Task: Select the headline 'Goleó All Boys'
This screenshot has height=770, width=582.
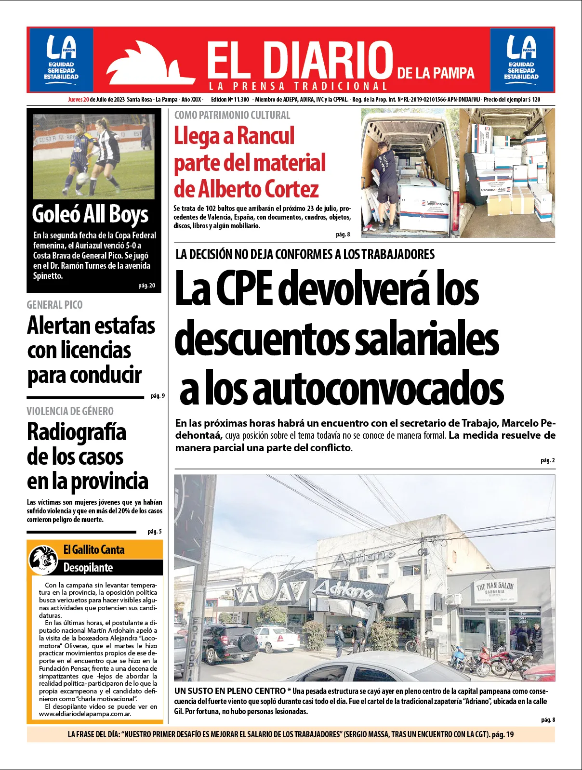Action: coord(90,214)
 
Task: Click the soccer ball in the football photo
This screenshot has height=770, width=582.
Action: coord(82,178)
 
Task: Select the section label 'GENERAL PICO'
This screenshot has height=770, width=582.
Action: coord(54,305)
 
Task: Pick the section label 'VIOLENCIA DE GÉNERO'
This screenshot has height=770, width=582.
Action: coord(70,411)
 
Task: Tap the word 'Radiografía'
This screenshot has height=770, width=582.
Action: coord(77,432)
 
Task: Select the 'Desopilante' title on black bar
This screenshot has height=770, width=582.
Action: coord(88,567)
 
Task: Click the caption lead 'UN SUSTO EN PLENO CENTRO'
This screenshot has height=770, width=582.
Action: coord(230,691)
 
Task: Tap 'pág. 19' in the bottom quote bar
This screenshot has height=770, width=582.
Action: coord(503,734)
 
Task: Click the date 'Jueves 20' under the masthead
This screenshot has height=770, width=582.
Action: coord(79,100)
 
